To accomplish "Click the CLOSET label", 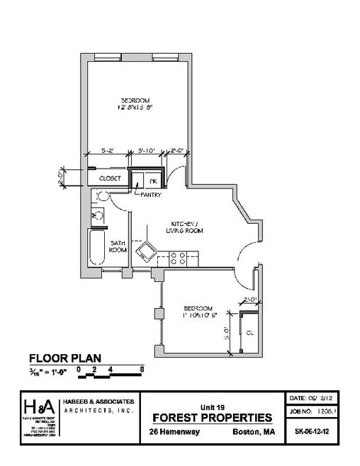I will point(108,178).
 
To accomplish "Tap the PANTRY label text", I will point(151,195).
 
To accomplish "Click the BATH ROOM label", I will point(118,246).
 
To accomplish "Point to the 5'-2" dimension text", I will point(108,150).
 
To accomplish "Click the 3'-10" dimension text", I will point(147,150).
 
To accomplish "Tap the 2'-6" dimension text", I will point(179,150).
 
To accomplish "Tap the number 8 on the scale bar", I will point(142,368).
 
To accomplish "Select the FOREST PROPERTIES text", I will point(210,416).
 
